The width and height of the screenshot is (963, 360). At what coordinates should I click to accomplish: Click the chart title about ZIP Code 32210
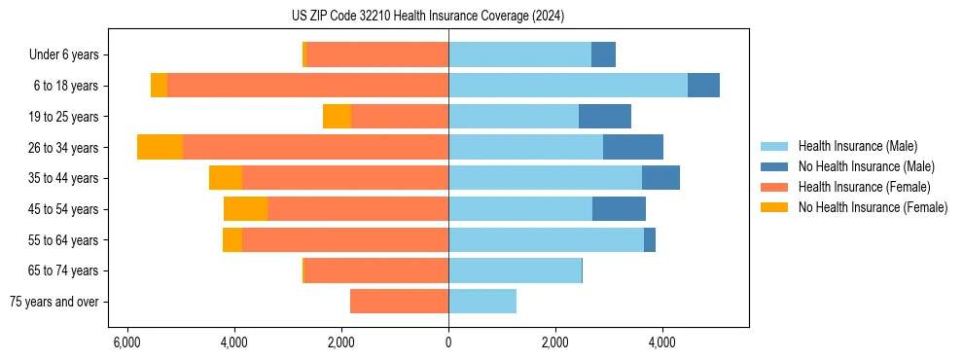pos(428,17)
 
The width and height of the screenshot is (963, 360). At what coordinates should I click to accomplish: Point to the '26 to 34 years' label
pos(63,148)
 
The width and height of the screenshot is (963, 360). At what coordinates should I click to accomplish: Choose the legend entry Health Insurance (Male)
pos(857,146)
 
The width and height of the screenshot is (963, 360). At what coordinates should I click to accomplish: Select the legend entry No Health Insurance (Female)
pos(873,207)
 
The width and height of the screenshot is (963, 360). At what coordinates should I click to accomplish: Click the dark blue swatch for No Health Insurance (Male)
pos(775,166)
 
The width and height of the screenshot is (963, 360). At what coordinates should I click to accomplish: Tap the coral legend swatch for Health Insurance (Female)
pos(775,187)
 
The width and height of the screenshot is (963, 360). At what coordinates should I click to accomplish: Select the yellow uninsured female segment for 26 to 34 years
pos(160,147)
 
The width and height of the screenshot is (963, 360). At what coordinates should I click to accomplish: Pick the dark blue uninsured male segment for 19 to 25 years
pos(605,117)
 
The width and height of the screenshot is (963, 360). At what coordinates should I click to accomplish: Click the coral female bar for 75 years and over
pos(399,302)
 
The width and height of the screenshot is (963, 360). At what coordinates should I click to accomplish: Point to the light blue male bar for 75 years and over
pos(482,302)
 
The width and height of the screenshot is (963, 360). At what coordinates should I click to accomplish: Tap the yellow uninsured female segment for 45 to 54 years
pos(245,209)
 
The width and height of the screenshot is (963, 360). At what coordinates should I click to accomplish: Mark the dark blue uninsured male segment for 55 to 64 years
pos(650,240)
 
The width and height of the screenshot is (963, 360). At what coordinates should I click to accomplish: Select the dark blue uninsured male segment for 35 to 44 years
pos(660,178)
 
